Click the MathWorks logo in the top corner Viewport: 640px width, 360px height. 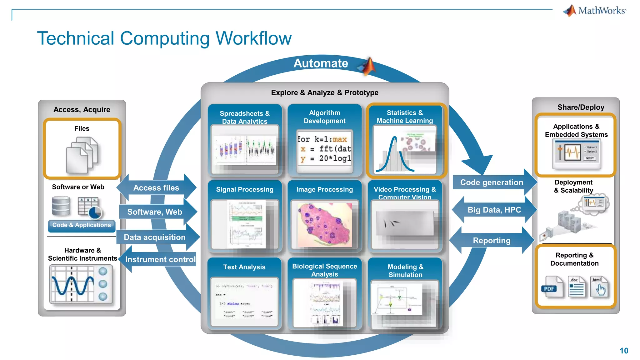pyautogui.click(x=595, y=11)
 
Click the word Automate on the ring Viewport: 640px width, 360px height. pyautogui.click(x=321, y=63)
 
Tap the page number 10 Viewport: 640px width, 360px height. pyautogui.click(x=624, y=351)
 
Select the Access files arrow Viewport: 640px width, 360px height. pyautogui.click(x=156, y=187)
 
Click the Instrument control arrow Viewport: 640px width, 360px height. pyautogui.click(x=160, y=259)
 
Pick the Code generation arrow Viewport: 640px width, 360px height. pyautogui.click(x=492, y=182)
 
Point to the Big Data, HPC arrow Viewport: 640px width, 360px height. pyautogui.click(x=494, y=210)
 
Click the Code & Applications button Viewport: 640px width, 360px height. pyautogui.click(x=82, y=225)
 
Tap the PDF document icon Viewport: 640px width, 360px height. pyautogui.click(x=552, y=287)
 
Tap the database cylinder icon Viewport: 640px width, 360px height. pyautogui.click(x=61, y=206)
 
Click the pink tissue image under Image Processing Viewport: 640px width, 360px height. pyautogui.click(x=325, y=224)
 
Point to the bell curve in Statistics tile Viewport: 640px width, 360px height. pyautogui.click(x=394, y=155)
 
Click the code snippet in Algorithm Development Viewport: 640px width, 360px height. pyautogui.click(x=324, y=149)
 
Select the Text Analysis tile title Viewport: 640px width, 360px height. pyautogui.click(x=244, y=267)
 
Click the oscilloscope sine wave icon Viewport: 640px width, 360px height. pyautogui.click(x=73, y=284)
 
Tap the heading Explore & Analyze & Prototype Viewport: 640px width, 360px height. pyautogui.click(x=325, y=92)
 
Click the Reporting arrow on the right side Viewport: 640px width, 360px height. pyautogui.click(x=492, y=240)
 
